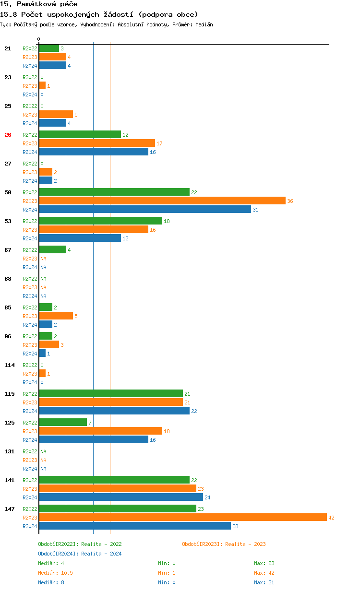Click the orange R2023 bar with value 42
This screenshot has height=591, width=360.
(182, 517)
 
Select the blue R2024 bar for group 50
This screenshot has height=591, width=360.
(145, 209)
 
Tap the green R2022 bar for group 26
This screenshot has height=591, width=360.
(80, 134)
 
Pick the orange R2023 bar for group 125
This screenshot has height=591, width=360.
(100, 431)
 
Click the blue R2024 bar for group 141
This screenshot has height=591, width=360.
(121, 497)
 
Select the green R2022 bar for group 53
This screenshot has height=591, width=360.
(100, 221)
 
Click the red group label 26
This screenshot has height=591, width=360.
(8, 135)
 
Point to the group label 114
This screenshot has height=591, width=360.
(10, 365)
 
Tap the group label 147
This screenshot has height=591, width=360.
(10, 509)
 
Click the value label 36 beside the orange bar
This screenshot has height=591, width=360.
(290, 201)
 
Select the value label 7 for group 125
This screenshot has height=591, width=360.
(90, 423)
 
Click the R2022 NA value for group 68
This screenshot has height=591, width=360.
(43, 279)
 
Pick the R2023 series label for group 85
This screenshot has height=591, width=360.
(30, 316)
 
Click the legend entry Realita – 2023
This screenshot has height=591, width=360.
(224, 544)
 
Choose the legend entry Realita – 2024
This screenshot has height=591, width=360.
(80, 554)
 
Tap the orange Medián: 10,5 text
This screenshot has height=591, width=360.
(55, 573)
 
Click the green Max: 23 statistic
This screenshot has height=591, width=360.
(264, 563)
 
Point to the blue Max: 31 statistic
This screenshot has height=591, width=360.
(264, 582)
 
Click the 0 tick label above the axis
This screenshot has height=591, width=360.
(39, 39)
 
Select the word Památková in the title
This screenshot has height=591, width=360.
(35, 4)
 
